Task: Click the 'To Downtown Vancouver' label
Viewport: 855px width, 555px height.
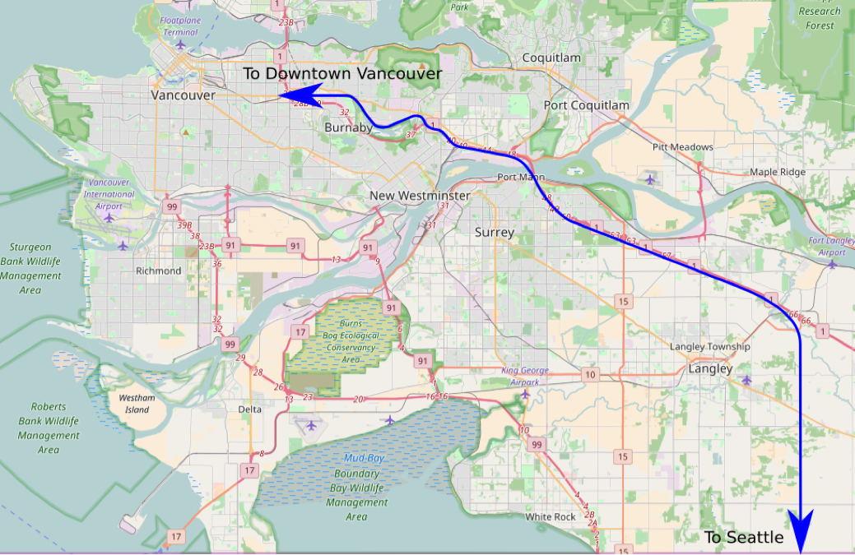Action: coord(342,74)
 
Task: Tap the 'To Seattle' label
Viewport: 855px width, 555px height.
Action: coord(743,537)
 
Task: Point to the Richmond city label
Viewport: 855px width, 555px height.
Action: coord(158,271)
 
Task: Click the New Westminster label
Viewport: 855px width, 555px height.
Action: coord(419,196)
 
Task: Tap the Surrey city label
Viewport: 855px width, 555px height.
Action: coord(494,232)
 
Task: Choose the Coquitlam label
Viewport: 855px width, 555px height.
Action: coord(551,58)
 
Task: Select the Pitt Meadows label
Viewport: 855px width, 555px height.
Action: coord(682,147)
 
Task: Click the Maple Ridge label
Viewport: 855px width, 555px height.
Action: coord(778,172)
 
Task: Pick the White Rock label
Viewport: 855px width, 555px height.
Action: coord(551,516)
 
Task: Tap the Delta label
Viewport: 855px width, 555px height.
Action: coord(249,409)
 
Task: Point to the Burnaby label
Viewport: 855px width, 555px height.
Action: coord(349,128)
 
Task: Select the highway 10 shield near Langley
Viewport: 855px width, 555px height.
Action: coord(589,375)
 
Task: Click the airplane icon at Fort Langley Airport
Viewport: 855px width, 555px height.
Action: coord(832,264)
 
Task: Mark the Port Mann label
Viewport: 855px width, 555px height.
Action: coord(517,178)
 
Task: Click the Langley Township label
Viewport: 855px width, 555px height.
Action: coord(709,346)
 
